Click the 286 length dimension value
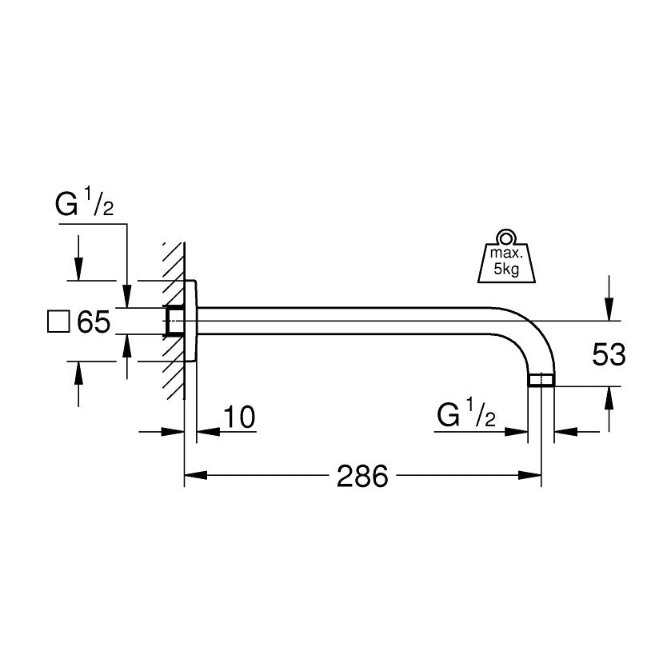361,477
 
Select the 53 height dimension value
609,354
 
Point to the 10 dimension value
238,417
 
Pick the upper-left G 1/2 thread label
85,206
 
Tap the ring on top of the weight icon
504,238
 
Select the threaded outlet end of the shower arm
542,380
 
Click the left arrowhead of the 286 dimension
192,477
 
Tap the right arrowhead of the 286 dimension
535,477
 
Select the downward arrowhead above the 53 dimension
609,312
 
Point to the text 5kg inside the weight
505,270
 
